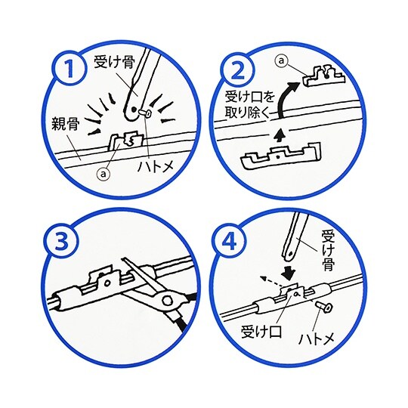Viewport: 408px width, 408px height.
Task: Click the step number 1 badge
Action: [70, 69]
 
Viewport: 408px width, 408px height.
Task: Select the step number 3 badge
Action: [62, 240]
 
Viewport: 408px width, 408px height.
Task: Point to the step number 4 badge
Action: [229, 240]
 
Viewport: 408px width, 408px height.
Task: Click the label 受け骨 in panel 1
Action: [114, 62]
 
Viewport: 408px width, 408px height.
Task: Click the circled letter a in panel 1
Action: [104, 174]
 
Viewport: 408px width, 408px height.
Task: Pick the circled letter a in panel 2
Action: [281, 60]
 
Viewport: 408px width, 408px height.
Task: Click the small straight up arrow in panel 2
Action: [279, 134]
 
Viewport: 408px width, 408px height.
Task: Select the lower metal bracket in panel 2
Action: [281, 156]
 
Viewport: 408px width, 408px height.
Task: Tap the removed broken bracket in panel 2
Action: [324, 77]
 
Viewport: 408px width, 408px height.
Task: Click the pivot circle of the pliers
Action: [166, 301]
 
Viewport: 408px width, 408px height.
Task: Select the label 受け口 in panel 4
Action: [261, 332]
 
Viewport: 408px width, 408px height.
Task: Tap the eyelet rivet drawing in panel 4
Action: [325, 307]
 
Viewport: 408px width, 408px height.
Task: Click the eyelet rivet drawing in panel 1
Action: [146, 113]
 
